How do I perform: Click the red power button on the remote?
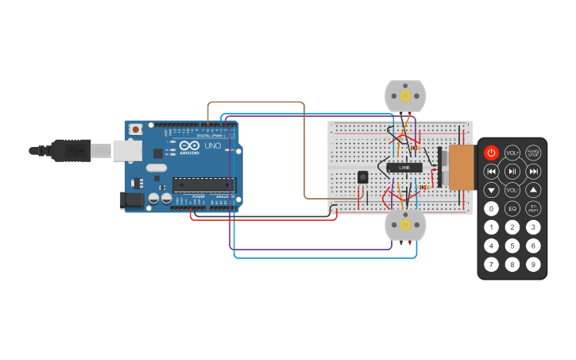coord(491,153)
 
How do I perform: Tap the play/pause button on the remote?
coord(512,171)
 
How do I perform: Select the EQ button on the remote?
coord(512,209)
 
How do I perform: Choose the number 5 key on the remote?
coord(512,246)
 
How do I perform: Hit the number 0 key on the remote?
coord(492,209)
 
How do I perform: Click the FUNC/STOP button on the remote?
coord(533,153)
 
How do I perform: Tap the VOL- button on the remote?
coord(512,190)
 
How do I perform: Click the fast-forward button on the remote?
coord(533,171)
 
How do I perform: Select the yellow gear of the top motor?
coord(405,96)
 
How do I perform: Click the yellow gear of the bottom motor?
coord(405,225)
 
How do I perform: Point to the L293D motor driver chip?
coord(404,168)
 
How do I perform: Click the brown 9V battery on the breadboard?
coord(462,168)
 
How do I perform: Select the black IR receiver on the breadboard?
coord(363,177)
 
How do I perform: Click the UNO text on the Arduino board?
coord(213,146)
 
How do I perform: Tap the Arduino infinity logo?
coord(190,145)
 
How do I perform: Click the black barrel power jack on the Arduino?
coord(131,200)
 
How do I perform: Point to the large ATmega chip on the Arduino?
coord(204,184)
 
